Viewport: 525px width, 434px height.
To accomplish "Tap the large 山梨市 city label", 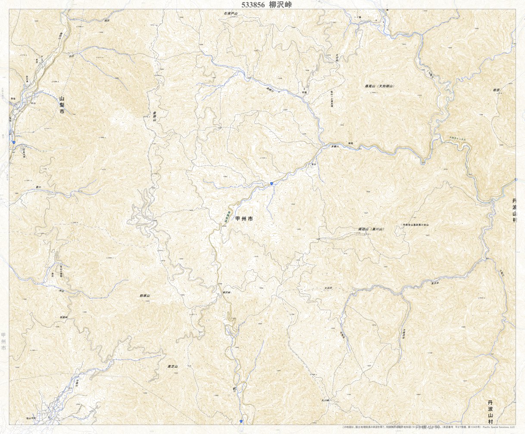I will [x=62, y=105].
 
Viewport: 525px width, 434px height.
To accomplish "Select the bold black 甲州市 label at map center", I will [x=244, y=219].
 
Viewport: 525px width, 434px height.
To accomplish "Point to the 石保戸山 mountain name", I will [x=231, y=14].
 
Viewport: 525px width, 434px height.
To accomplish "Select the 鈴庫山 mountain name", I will [x=144, y=296].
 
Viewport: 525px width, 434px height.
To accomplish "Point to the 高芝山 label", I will [x=172, y=366].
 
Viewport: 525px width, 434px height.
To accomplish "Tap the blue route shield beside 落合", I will [x=272, y=184].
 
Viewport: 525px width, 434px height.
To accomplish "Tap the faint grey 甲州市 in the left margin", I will [x=3, y=341].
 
